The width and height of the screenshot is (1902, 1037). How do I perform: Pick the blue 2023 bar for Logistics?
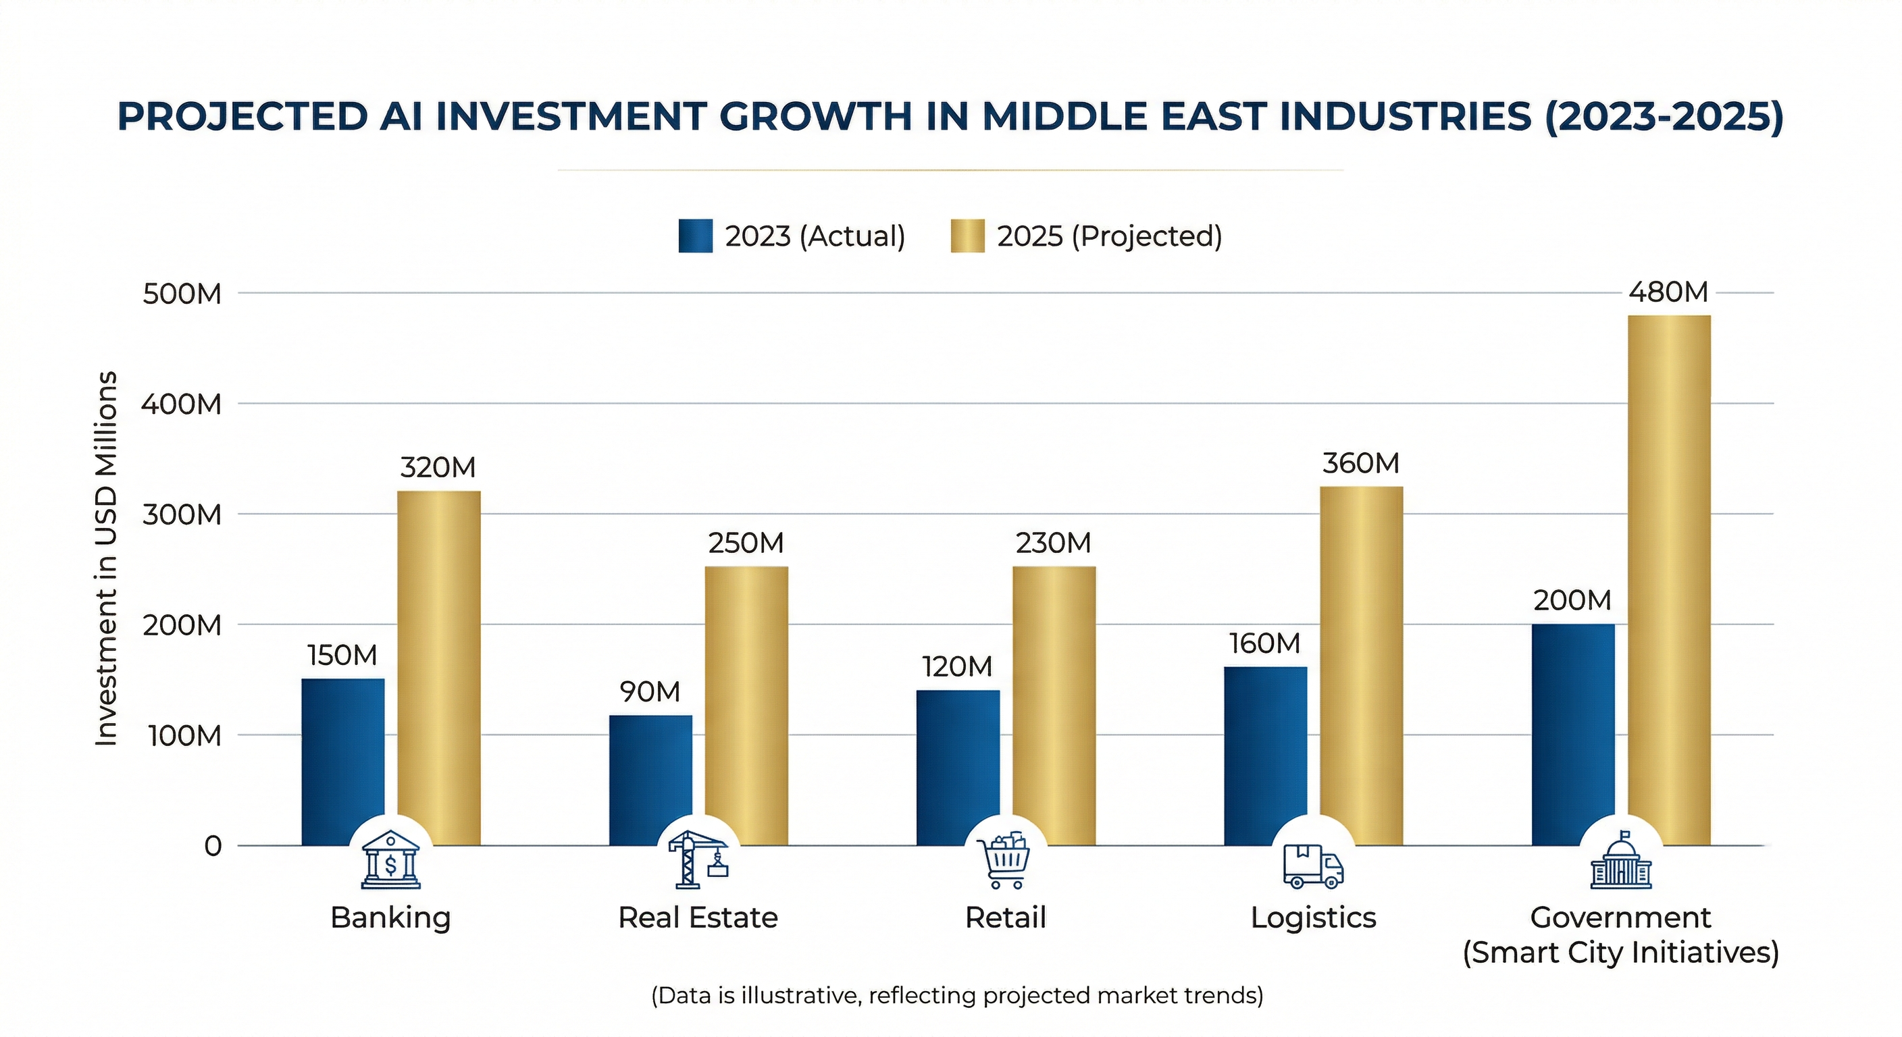coord(1265,753)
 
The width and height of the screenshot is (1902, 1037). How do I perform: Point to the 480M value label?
coord(1668,292)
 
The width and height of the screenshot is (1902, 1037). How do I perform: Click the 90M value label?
coord(650,691)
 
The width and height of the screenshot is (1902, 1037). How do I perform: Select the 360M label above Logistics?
coord(1361,464)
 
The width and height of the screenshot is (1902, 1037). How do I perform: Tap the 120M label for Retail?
coord(957,667)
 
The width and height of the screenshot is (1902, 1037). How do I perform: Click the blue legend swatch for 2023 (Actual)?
coord(695,236)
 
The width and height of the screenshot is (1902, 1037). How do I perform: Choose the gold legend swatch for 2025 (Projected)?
coord(967,236)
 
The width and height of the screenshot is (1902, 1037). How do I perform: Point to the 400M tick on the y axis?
coord(182,404)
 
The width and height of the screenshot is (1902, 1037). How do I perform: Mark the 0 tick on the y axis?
coord(213,846)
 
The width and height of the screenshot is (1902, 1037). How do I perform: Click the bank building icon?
coord(390,860)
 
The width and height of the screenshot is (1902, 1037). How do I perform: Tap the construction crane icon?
coord(698,860)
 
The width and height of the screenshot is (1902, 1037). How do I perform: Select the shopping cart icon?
coord(1004,861)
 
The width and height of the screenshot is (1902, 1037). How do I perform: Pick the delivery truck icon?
coord(1313,865)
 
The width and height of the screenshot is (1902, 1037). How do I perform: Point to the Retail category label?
coord(1005,918)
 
